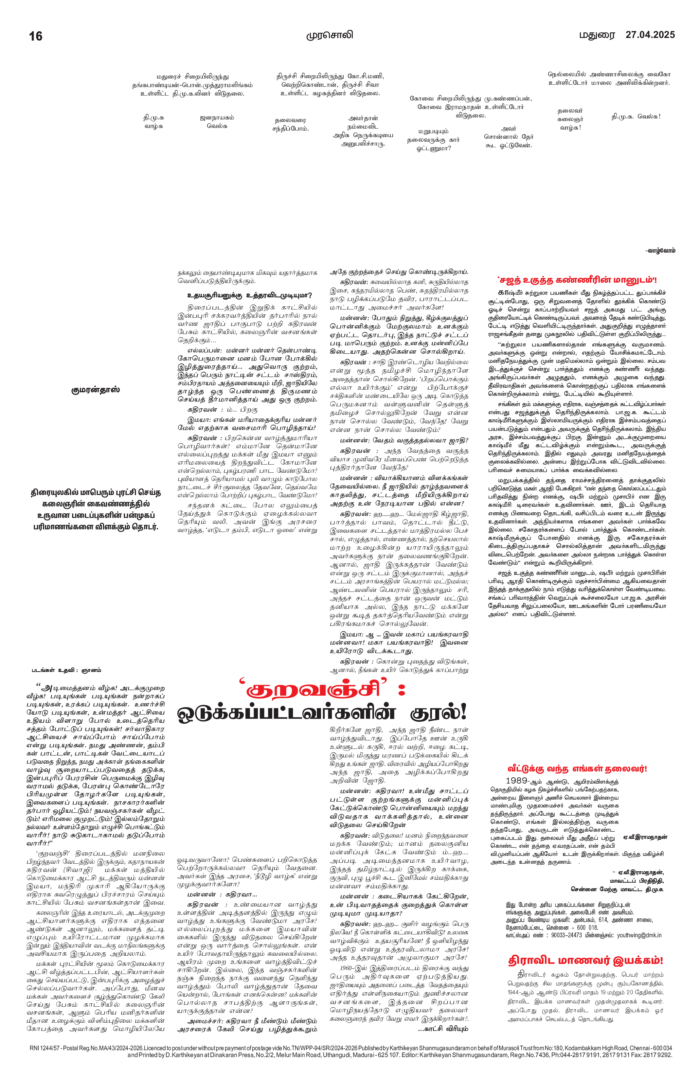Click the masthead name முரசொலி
tap(329, 35)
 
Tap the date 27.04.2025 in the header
tap(650, 35)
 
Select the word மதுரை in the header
tap(598, 35)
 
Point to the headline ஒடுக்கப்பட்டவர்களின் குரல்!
tap(322, 714)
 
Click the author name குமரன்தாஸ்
tap(95, 390)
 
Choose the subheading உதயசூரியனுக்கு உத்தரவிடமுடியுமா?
tap(250, 296)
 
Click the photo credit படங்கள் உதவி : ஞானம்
tap(66, 670)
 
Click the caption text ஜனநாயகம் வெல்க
tap(217, 122)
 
